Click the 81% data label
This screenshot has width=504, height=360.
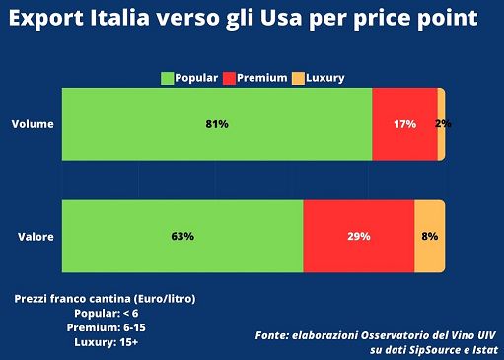click(217, 124)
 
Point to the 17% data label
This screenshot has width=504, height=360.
click(404, 124)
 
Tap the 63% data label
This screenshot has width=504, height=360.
click(182, 237)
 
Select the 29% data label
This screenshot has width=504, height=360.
click(358, 237)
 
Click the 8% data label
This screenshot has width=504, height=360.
click(430, 237)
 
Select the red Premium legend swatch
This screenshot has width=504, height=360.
click(230, 78)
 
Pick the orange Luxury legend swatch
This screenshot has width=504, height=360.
click(298, 78)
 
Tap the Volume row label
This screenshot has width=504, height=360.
click(33, 124)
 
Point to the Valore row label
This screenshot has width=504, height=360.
click(35, 237)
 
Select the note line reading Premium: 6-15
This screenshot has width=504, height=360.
click(105, 326)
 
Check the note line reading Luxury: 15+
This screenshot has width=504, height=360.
click(105, 342)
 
